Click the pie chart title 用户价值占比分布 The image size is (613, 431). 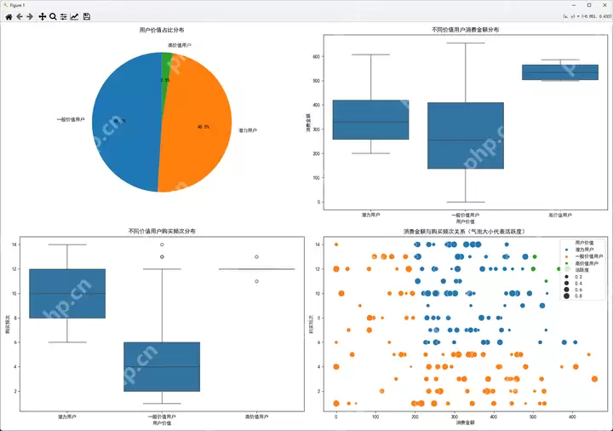tap(161, 31)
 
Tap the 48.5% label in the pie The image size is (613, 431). tap(203, 126)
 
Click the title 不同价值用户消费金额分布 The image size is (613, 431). tap(466, 31)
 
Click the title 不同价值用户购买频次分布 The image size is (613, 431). tap(161, 230)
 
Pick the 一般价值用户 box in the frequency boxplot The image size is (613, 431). tap(162, 366)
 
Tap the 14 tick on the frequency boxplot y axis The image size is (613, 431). tap(14, 244)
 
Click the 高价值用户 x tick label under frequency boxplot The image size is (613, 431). tap(256, 417)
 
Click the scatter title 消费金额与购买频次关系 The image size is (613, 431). tap(465, 231)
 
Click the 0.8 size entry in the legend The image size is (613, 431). tap(578, 296)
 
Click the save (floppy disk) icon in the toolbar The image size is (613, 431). tap(86, 16)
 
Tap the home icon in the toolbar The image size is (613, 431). tap(9, 16)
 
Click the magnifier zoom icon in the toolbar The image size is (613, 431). tap(53, 16)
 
